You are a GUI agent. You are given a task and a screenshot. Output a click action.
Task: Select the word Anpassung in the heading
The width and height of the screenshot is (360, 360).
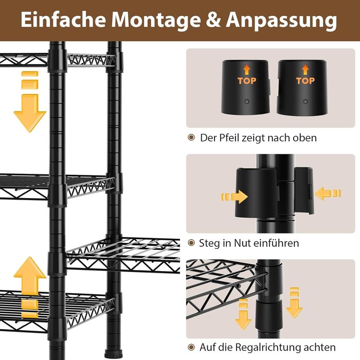point(281,21)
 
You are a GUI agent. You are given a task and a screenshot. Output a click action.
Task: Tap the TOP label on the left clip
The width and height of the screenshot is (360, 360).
point(247,81)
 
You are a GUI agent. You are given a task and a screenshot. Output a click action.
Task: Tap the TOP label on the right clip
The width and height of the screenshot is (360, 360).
point(305,81)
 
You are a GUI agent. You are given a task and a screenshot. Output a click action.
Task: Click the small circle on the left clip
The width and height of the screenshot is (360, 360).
point(247,101)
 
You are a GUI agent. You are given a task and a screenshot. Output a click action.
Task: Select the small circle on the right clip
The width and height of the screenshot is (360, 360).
point(305,101)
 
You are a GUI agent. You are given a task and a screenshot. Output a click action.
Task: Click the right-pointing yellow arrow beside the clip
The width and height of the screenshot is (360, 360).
point(235,197)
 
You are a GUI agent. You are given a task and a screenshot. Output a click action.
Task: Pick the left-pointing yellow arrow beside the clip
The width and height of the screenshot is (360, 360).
point(328,193)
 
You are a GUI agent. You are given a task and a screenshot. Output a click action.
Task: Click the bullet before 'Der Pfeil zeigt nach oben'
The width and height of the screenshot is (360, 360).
point(191,137)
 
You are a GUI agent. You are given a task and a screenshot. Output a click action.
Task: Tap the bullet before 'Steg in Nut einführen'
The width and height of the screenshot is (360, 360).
point(191,243)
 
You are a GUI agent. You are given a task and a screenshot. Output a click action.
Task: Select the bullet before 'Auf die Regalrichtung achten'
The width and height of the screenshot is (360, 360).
point(191,347)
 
